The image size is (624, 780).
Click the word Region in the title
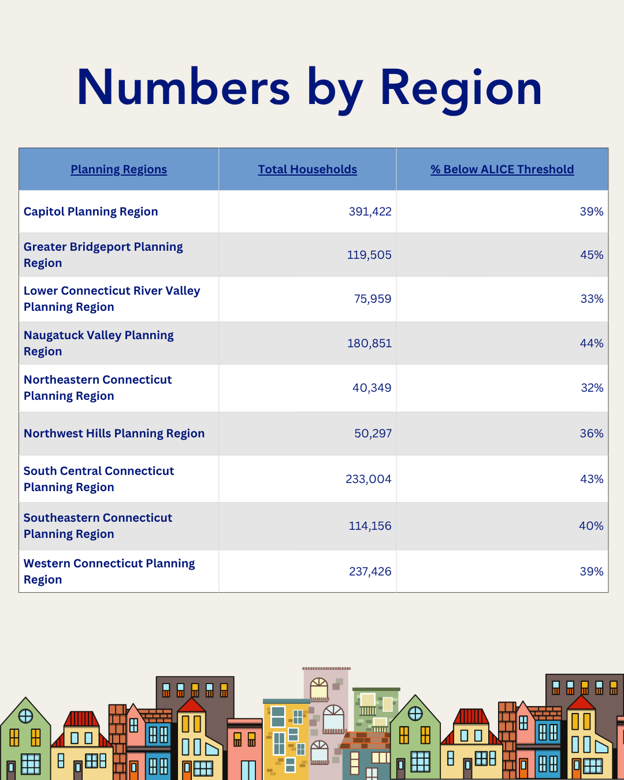coord(461,88)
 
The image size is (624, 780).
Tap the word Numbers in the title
coord(183,88)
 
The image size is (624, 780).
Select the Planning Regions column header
coord(118,169)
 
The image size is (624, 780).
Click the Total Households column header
coord(307,169)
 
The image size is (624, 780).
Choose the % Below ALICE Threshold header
coord(502,169)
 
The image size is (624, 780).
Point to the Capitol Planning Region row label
coord(91,211)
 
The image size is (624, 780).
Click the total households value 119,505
coord(369,255)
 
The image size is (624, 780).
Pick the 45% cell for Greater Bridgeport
coord(592,255)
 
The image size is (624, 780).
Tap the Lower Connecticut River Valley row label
coord(112,299)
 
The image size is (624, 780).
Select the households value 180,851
coord(369,343)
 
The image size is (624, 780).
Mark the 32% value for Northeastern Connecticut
coord(592,388)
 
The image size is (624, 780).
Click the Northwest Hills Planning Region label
coord(114,433)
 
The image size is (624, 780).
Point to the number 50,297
coord(373,433)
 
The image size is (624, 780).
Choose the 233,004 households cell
coord(368,479)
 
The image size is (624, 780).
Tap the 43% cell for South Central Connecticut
coord(592,479)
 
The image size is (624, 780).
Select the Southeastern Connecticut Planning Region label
coord(98,526)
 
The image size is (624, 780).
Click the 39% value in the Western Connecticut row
coord(592,571)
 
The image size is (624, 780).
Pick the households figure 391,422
coord(370,211)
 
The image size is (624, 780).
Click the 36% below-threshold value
coord(592,433)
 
